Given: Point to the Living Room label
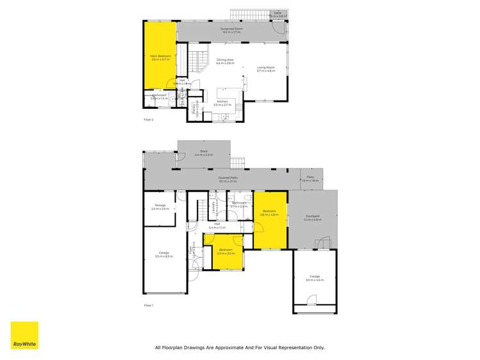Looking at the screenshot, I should coord(265,69).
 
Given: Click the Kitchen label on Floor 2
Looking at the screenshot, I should coord(222,102).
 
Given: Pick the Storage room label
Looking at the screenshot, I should coord(160,206).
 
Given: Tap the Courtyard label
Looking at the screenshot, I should coord(312,219).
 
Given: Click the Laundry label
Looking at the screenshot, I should coord(217,206).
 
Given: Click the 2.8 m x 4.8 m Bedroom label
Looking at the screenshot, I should coord(269,213).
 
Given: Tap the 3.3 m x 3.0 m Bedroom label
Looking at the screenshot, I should coord(224,251).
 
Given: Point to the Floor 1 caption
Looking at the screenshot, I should coord(149,306).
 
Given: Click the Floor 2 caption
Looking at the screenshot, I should coord(149,119).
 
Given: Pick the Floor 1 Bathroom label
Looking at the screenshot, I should coord(238,204).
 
